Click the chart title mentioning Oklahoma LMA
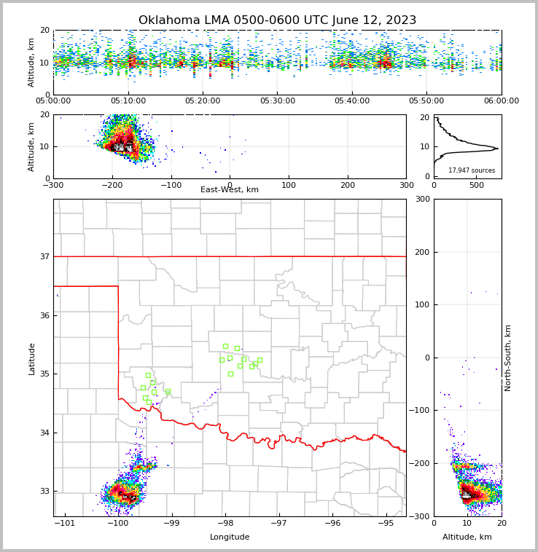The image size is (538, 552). click(x=277, y=20)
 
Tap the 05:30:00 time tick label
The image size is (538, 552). click(x=277, y=101)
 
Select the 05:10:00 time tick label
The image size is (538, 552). click(x=128, y=101)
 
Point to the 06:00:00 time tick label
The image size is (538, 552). click(x=501, y=101)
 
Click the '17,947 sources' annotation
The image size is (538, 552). click(x=471, y=170)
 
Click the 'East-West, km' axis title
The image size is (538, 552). click(x=230, y=190)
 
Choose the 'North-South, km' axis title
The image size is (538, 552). click(x=508, y=358)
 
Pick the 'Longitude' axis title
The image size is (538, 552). click(x=230, y=537)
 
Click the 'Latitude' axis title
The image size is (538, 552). click(x=31, y=358)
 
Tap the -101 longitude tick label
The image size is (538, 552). click(x=65, y=523)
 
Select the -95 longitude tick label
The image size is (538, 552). click(x=386, y=523)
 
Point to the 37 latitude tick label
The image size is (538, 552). click(x=45, y=256)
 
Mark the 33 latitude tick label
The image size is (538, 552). click(x=45, y=492)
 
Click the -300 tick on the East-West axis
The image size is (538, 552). click(x=53, y=185)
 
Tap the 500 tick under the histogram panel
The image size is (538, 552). click(x=476, y=185)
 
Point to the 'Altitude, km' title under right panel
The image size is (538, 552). click(x=467, y=537)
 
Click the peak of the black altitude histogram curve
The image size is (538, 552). click(x=497, y=149)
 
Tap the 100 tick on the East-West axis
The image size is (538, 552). click(x=289, y=185)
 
